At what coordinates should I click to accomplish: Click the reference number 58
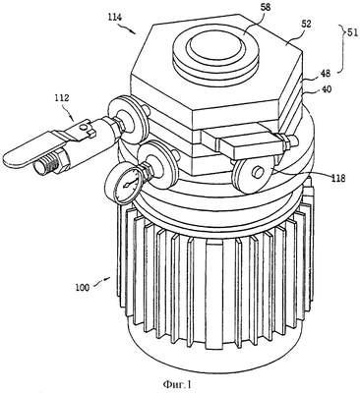click(x=266, y=8)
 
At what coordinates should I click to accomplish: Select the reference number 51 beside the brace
click(x=353, y=33)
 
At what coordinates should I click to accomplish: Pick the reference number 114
click(x=115, y=17)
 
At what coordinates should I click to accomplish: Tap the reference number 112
click(x=62, y=97)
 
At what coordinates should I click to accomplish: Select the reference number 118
click(x=338, y=179)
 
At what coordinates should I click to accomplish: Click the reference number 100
click(x=82, y=288)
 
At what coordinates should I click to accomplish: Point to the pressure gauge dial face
click(x=126, y=184)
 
